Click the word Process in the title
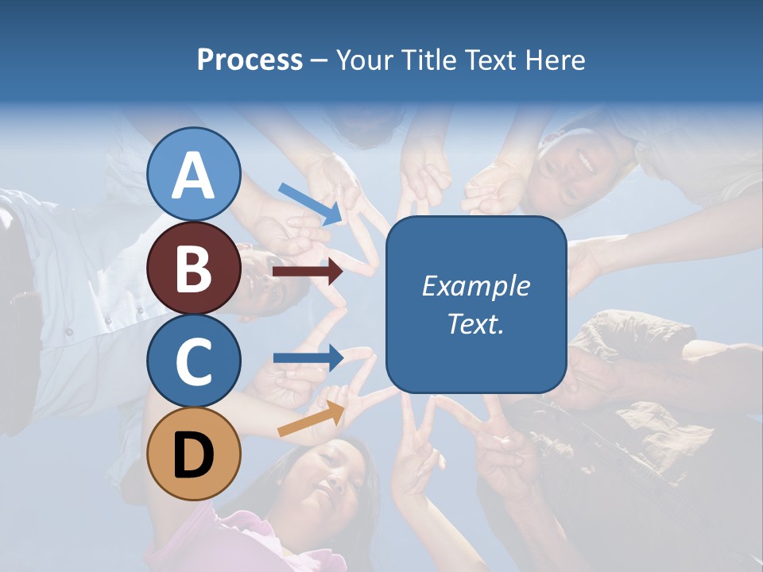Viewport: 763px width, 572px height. (250, 60)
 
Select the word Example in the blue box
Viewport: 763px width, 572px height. (475, 286)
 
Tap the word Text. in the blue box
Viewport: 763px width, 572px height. (475, 324)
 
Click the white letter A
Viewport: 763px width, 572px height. (194, 176)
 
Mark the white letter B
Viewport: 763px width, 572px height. (194, 269)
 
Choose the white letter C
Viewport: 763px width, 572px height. (194, 361)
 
